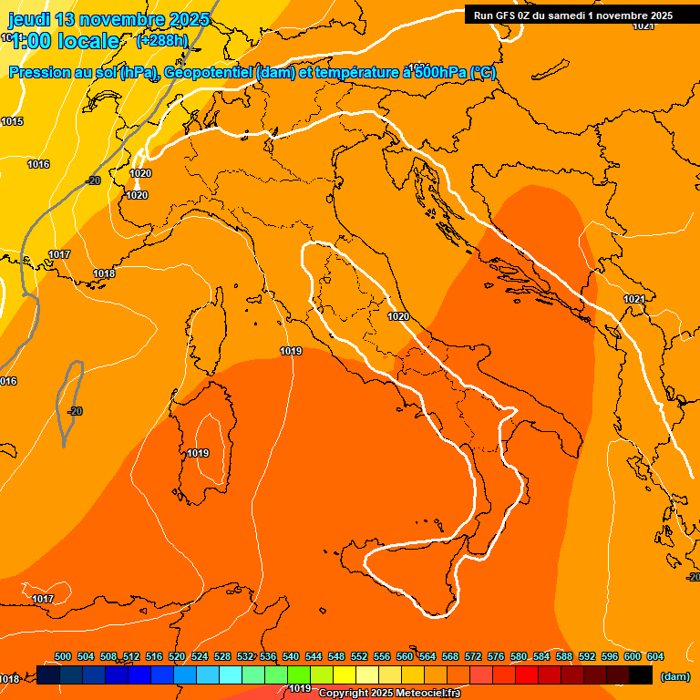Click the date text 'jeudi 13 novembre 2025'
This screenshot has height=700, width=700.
click(108, 19)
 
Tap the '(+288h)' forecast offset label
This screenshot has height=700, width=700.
click(161, 40)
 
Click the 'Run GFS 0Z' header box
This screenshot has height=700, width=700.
click(573, 15)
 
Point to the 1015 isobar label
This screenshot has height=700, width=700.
click(12, 121)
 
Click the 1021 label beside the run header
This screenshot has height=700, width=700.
click(643, 26)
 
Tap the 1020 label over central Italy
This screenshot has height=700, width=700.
click(397, 316)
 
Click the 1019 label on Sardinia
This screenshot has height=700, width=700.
click(199, 453)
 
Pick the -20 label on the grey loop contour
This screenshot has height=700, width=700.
click(75, 411)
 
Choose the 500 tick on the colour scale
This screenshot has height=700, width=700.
click(63, 656)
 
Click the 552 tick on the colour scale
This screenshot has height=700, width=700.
click(359, 656)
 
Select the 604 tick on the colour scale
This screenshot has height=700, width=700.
click(655, 656)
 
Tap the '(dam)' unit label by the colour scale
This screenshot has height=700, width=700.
click(674, 676)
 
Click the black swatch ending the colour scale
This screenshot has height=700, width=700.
click(641, 674)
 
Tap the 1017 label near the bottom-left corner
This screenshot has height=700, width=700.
click(43, 599)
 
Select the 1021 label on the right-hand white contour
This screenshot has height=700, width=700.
click(634, 299)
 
